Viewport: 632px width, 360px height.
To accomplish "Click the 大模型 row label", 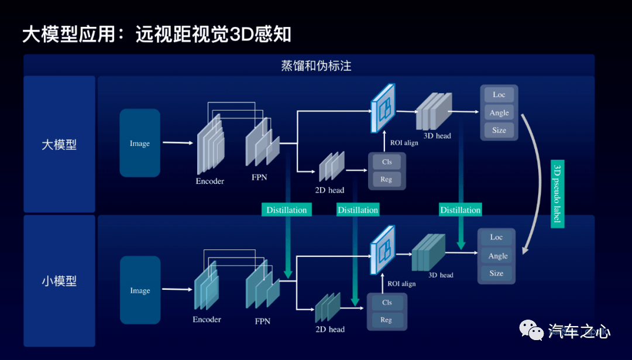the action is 59,145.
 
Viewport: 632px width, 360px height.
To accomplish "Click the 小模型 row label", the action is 59,280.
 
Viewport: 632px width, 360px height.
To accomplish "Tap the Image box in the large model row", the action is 140,143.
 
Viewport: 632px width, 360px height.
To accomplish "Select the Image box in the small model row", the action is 140,290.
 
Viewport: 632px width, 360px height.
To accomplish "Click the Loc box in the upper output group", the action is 499,95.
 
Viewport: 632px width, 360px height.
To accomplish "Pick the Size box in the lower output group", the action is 497,273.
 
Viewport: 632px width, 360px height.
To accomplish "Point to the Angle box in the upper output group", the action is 499,113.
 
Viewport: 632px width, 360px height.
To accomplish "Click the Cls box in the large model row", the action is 387,162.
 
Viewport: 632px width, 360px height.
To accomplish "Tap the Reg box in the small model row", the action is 386,320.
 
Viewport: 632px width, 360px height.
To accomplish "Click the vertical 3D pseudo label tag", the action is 558,194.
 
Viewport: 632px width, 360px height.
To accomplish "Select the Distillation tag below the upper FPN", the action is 287,210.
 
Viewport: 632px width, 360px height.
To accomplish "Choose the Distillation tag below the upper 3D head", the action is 461,210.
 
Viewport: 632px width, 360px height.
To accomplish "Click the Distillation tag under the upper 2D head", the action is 358,210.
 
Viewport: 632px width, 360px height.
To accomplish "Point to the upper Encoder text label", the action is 210,181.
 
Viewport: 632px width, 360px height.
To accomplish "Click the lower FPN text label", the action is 262,321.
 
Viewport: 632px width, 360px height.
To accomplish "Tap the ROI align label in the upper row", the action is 404,143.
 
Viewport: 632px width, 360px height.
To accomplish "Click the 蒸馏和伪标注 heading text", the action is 316,66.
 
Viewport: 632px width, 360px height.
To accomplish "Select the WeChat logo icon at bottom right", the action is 531,330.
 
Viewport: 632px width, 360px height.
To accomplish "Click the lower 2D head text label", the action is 330,330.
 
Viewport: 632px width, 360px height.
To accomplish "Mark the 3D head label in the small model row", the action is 441,275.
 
